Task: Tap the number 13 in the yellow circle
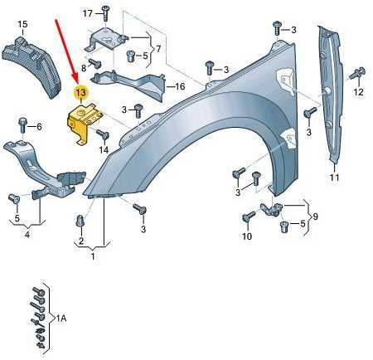pos(81,92)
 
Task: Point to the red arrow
pos(67,51)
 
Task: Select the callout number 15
pos(23,24)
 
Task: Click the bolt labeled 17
pos(105,13)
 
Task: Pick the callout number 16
pos(180,86)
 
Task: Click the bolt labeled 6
pos(22,126)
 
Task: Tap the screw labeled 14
pos(103,134)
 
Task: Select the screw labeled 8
pos(95,63)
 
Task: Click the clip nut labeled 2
pos(80,221)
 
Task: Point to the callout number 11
pos(335,177)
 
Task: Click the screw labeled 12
pos(357,73)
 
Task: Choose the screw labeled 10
pos(249,216)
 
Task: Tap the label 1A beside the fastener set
pos(61,319)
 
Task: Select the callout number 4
pos(27,235)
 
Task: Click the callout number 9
pos(315,216)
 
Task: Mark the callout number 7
pos(158,49)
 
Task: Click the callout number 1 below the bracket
pos(93,256)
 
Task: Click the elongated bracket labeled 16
pos(130,83)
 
